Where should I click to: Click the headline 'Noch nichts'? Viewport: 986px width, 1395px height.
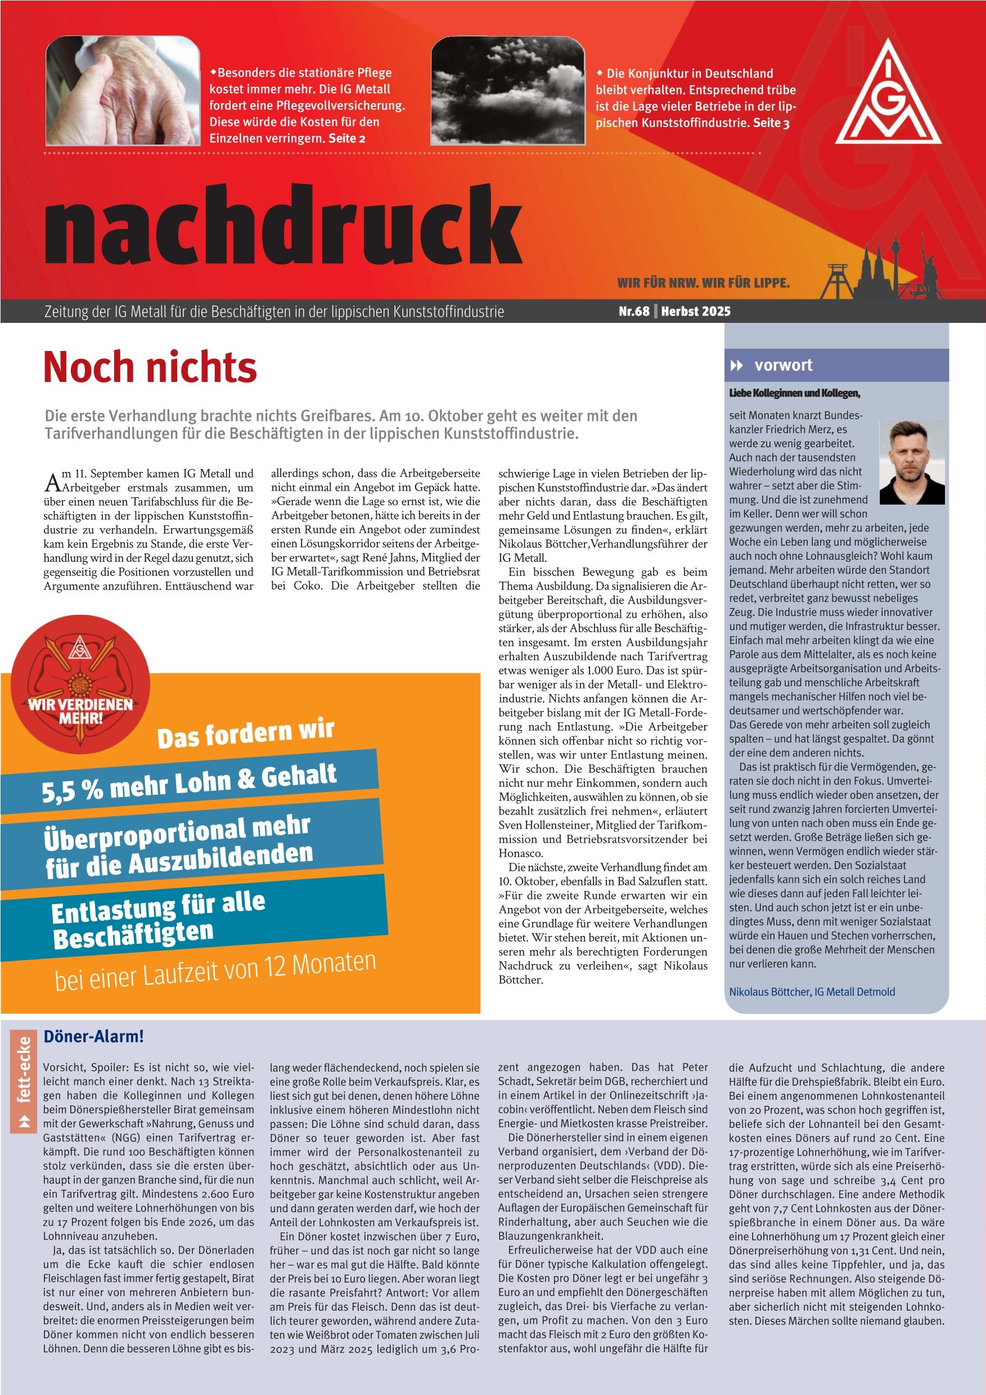150,367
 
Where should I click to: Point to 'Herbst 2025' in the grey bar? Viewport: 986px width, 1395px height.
696,312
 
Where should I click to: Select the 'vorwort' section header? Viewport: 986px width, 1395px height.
782,365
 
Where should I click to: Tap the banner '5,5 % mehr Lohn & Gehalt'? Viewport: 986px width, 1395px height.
189,784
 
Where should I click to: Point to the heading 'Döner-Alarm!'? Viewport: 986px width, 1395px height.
93,1037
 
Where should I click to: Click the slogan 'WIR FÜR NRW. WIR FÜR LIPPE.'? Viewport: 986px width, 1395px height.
703,283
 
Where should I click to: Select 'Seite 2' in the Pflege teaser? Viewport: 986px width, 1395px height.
347,138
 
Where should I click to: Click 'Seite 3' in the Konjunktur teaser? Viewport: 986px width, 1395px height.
771,123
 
